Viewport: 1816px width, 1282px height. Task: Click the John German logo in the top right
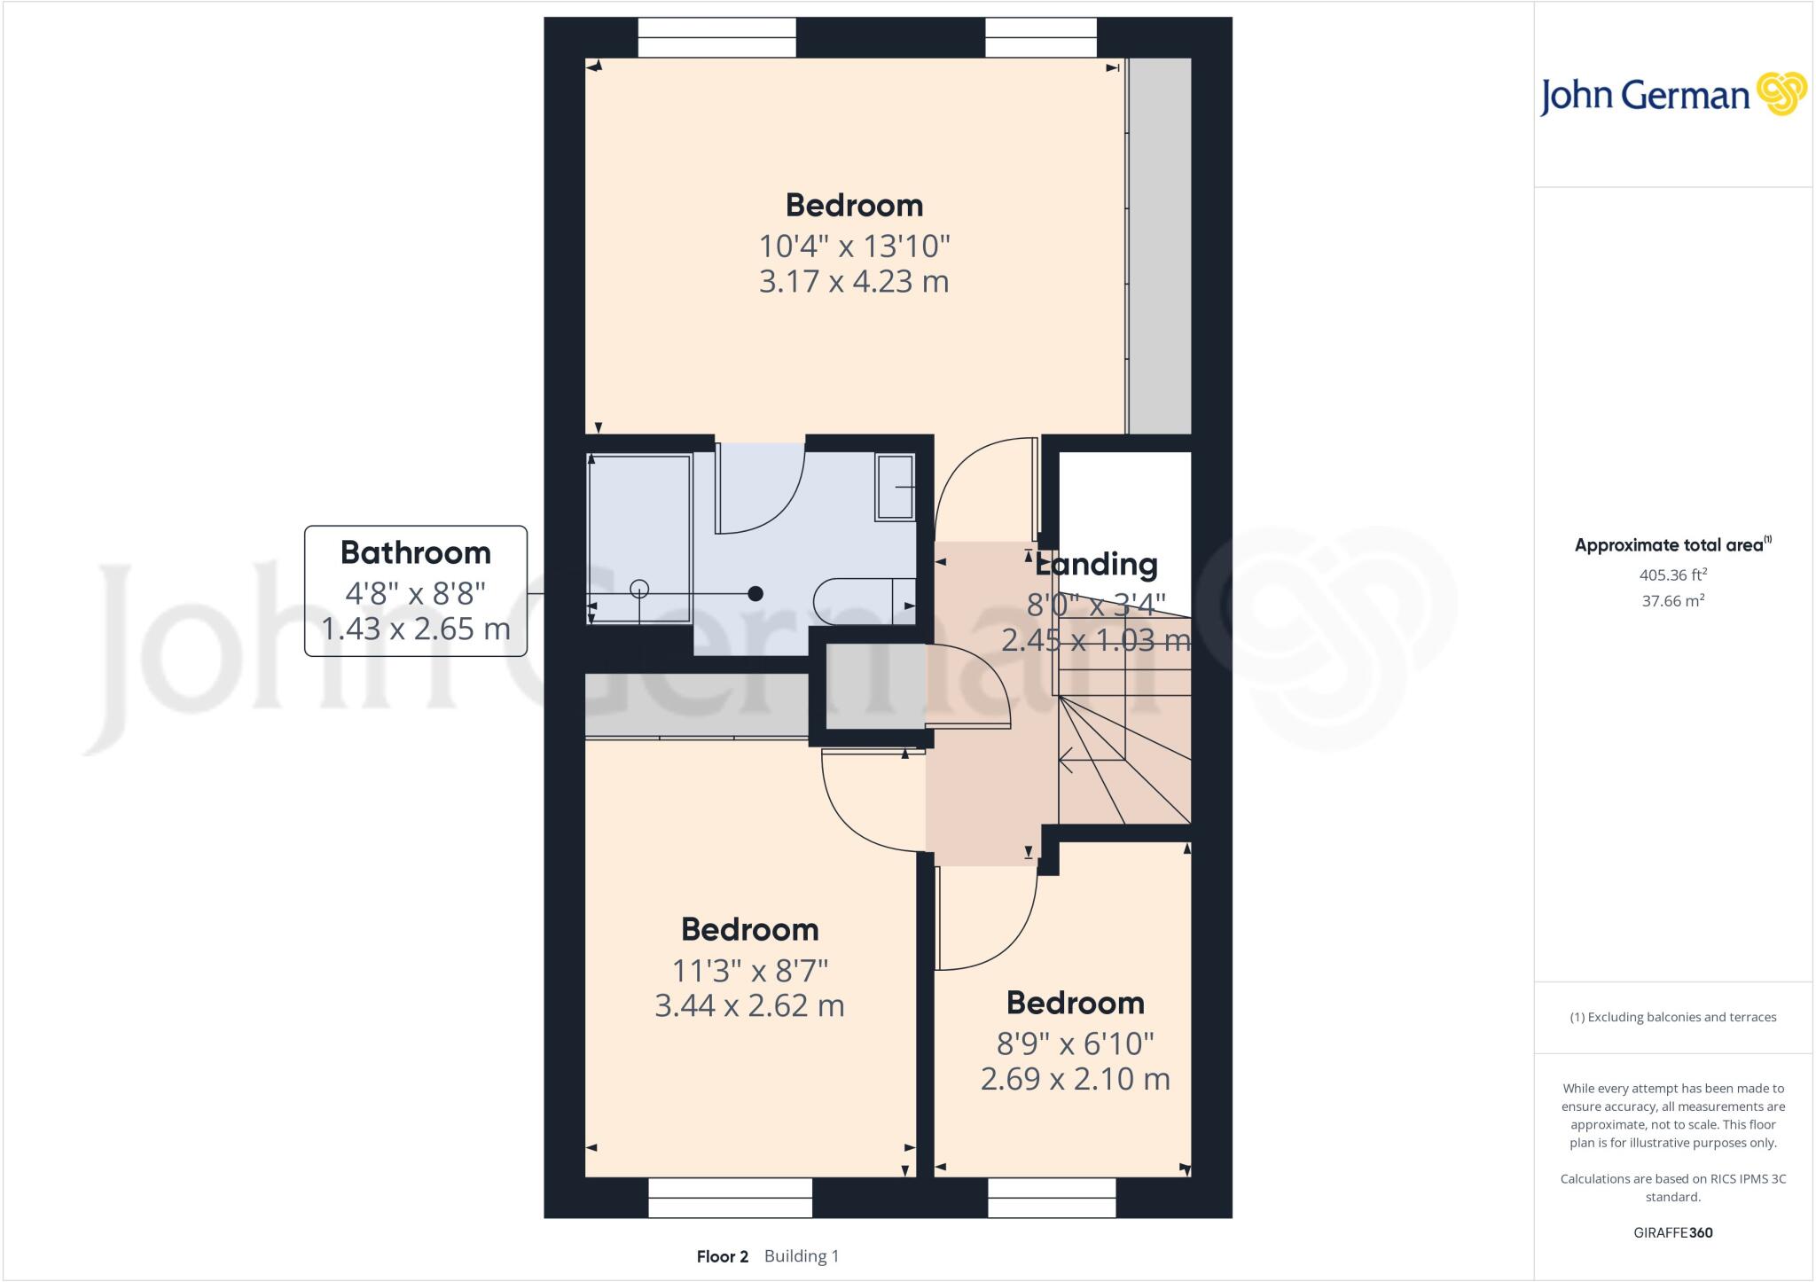1672,95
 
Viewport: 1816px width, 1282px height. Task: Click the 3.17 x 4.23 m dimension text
854,282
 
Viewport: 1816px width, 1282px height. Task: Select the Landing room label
1096,565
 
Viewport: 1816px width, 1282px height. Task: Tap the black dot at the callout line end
755,594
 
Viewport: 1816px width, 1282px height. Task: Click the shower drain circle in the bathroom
639,589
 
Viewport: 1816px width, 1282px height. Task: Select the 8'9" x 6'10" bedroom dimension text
1075,1044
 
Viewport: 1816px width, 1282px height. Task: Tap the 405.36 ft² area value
1673,575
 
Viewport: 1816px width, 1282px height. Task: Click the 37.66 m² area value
1673,601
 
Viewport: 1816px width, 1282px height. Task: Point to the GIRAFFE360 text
1672,1232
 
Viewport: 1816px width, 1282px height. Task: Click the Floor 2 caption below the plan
722,1256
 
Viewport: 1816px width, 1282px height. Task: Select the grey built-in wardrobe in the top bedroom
1159,246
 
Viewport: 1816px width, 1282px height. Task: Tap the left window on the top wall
716,38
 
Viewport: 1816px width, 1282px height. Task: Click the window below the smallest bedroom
1052,1197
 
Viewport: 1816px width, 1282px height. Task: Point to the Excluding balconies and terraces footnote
1672,1017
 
